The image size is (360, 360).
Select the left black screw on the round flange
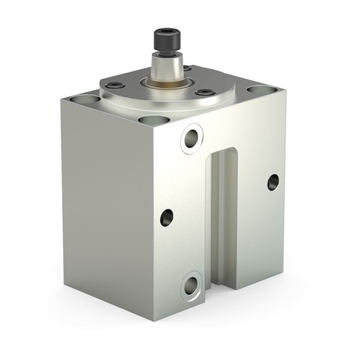pyautogui.click(x=115, y=86)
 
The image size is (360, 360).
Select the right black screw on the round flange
pyautogui.click(x=205, y=92)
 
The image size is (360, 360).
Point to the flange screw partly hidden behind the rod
pyautogui.click(x=187, y=69)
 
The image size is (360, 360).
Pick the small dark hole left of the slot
pyautogui.click(x=167, y=217)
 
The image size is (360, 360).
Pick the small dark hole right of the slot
pyautogui.click(x=273, y=182)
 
